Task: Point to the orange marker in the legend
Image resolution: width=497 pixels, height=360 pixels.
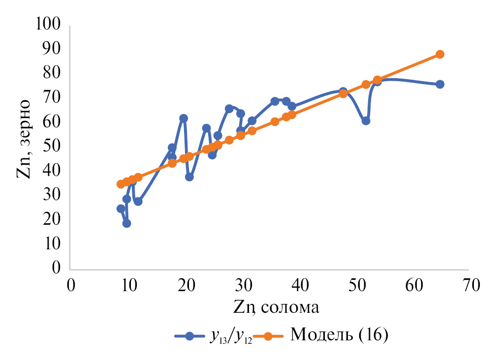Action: [x=268, y=336]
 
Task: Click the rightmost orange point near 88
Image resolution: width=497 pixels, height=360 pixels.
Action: [x=440, y=54]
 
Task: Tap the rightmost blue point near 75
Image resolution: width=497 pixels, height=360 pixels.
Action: [x=440, y=84]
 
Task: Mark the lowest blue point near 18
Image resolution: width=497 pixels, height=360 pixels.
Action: [x=126, y=223]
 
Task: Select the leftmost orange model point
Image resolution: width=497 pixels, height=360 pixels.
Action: [x=121, y=184]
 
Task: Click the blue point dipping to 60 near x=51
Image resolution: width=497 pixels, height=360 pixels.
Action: [x=366, y=120]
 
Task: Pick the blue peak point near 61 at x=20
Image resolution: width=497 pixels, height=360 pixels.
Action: [x=184, y=118]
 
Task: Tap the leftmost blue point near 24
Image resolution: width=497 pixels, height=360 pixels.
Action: [x=121, y=209]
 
